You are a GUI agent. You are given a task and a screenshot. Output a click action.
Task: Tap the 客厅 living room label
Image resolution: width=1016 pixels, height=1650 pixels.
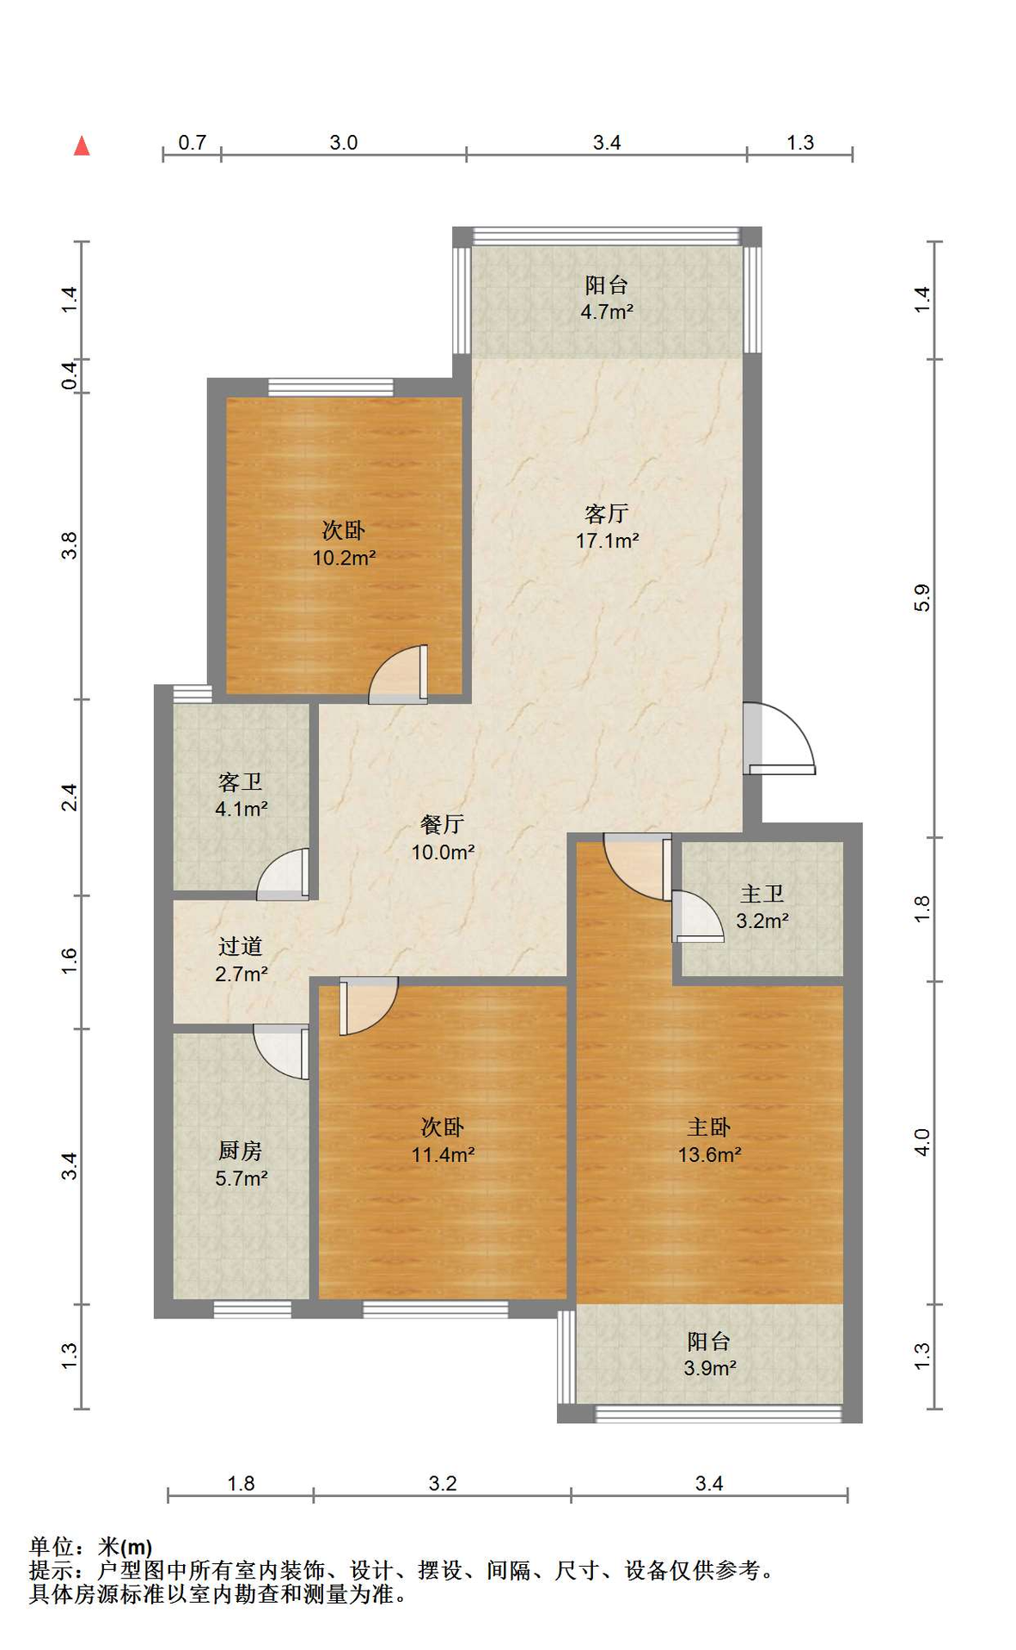607,513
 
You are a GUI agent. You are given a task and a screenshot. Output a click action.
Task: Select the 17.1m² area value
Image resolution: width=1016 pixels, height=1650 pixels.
607,541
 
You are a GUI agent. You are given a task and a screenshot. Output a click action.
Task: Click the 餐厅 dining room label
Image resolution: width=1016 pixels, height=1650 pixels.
443,824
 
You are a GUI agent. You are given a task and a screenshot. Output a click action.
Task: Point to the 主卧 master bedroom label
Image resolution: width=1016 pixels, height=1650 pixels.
709,1127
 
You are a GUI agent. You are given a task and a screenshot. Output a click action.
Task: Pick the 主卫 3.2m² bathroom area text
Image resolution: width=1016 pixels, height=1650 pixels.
762,920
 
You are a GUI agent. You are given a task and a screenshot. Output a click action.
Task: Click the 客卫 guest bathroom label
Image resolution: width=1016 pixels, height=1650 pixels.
241,781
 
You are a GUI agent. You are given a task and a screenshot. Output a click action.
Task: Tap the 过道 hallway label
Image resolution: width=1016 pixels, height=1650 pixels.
241,946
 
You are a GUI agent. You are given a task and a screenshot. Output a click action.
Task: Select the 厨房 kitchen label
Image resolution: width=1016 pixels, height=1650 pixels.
241,1150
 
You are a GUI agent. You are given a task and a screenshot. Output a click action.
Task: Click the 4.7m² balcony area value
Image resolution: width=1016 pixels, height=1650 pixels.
607,312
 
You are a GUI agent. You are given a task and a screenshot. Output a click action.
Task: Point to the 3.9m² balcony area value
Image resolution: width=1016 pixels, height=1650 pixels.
710,1368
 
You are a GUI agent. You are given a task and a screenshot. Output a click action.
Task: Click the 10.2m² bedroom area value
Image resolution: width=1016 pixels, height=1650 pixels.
344,558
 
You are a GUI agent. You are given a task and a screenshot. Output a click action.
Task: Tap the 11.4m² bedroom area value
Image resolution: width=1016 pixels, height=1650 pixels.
443,1155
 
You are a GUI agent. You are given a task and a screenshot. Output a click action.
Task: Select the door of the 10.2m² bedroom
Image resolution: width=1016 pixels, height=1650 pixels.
398,674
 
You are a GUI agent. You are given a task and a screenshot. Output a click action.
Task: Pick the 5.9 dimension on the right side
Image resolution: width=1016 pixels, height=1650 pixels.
922,597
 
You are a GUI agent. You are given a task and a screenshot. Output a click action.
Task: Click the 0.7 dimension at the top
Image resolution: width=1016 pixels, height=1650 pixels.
193,143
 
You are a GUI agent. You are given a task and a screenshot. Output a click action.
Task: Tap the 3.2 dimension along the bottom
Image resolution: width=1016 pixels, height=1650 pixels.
443,1483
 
